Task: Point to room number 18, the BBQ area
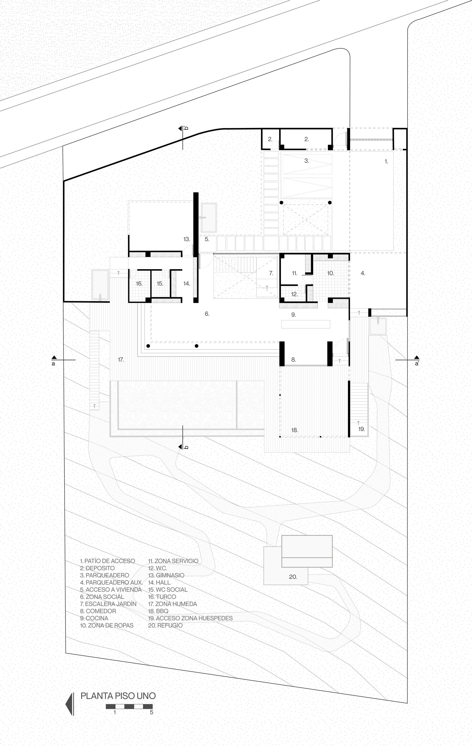pyautogui.click(x=295, y=430)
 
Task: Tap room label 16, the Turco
pyautogui.click(x=139, y=284)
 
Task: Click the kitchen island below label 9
pyautogui.click(x=306, y=324)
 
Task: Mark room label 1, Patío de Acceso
pyautogui.click(x=386, y=161)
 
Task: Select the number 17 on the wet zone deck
pyautogui.click(x=121, y=360)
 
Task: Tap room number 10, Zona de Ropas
pyautogui.click(x=330, y=273)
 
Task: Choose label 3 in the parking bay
pyautogui.click(x=306, y=161)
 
